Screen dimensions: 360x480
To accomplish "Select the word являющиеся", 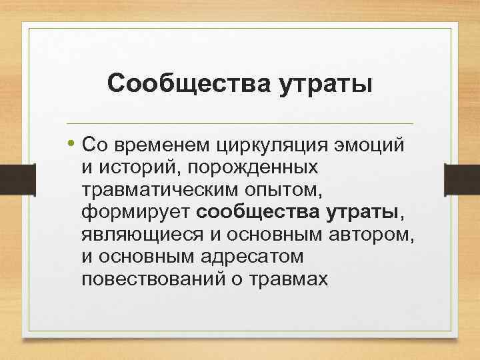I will pos(140,235).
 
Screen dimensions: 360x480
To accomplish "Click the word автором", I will pos(364,234).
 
